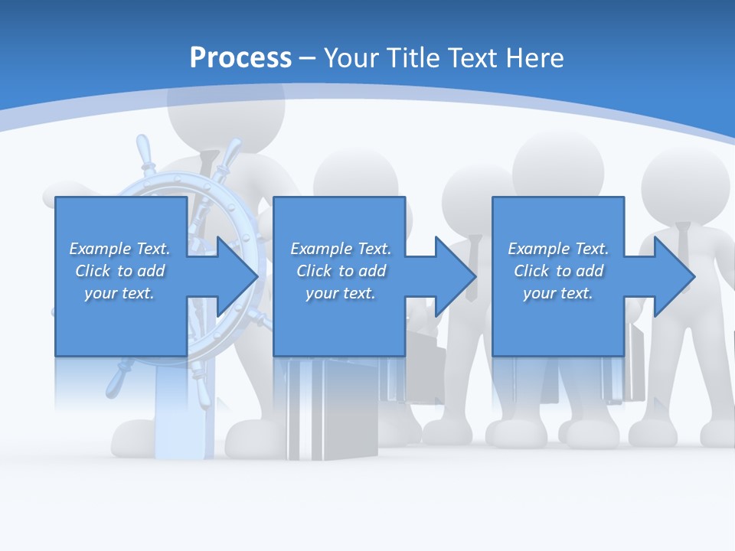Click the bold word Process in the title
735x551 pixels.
point(240,57)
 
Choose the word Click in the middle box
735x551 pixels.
point(312,271)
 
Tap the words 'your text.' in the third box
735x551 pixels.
point(557,293)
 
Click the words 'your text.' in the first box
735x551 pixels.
point(119,293)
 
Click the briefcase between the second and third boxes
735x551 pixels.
point(425,367)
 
